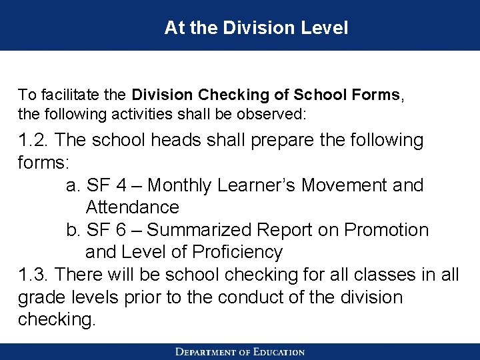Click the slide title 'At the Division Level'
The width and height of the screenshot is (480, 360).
(256, 28)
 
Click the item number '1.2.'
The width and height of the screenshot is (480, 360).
(34, 141)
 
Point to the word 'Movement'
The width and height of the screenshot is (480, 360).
(345, 185)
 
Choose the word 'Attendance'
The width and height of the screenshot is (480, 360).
(133, 207)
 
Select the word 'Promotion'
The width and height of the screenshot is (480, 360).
(386, 230)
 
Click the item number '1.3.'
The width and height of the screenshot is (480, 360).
(34, 275)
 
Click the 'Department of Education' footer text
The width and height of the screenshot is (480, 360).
(240, 352)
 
